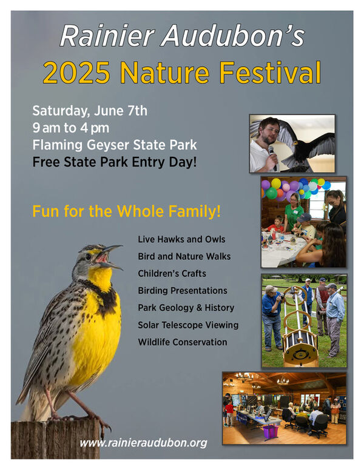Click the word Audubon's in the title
click(233, 36)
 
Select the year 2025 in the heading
click(76, 73)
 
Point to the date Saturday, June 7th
click(90, 111)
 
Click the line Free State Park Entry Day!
click(115, 162)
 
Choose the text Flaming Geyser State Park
click(115, 145)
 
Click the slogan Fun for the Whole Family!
click(126, 211)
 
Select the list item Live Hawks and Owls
click(181, 239)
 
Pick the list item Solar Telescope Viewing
click(188, 325)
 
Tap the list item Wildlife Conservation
click(182, 342)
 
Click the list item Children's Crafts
click(172, 273)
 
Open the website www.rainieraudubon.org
click(143, 443)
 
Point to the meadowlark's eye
click(89, 257)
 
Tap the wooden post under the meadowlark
click(55, 439)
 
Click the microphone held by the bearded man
click(272, 156)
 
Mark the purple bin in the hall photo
click(271, 431)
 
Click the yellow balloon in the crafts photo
click(276, 184)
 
